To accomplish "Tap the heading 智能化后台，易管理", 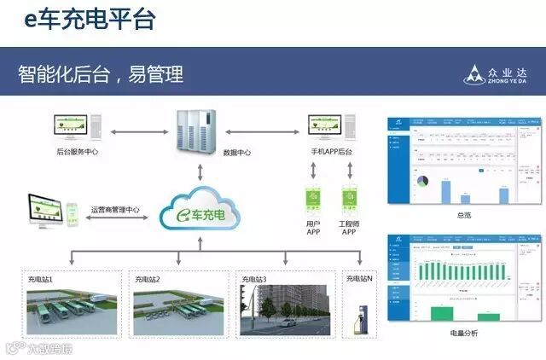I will pyautogui.click(x=101, y=73).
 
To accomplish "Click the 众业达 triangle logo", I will pyautogui.click(x=474, y=75).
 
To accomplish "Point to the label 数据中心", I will pyautogui.click(x=236, y=152).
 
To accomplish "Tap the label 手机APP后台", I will pyautogui.click(x=331, y=152).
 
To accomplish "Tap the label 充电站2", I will pyautogui.click(x=148, y=279).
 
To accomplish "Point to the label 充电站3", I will pyautogui.click(x=254, y=279).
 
